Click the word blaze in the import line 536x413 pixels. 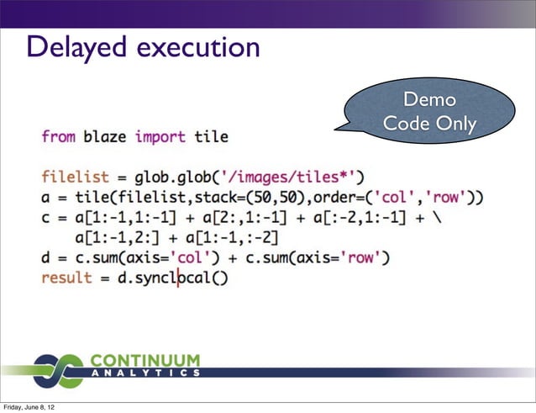[106, 136]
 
